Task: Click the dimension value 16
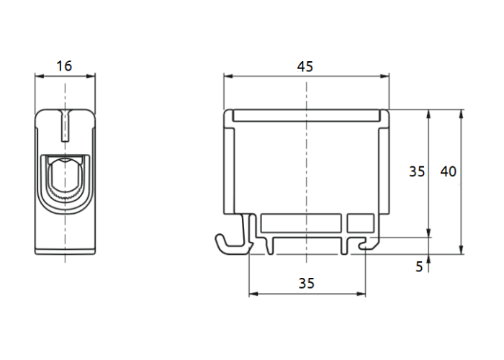[64, 66]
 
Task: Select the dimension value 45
[305, 66]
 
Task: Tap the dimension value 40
[449, 171]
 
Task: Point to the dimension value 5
[419, 267]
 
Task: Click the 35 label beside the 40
[417, 171]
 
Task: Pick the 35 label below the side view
[306, 284]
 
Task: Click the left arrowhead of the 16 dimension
[39, 76]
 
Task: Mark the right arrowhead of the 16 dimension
[91, 76]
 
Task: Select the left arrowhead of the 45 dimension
[228, 76]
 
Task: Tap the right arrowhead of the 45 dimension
[384, 76]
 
